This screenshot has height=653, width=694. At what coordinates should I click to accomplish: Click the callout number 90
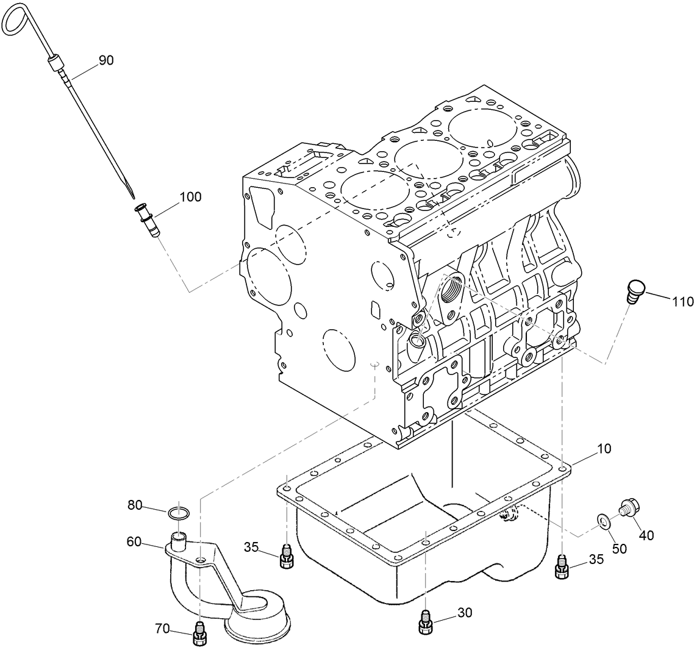106,60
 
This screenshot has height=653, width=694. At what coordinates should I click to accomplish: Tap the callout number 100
190,197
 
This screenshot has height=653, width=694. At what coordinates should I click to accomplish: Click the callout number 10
587,448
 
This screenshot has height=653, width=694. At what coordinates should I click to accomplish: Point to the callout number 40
646,535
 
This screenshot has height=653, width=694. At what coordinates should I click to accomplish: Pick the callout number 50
619,549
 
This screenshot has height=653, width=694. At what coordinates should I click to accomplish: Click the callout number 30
464,613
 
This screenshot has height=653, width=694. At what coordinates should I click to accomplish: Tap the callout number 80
135,504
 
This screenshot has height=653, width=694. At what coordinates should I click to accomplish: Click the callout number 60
134,540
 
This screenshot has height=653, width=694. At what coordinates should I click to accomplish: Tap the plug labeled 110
635,290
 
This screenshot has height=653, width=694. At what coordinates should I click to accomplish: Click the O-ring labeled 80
178,513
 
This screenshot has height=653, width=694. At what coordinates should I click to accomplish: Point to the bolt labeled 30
426,622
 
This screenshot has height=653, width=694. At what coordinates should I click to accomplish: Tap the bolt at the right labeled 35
562,568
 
